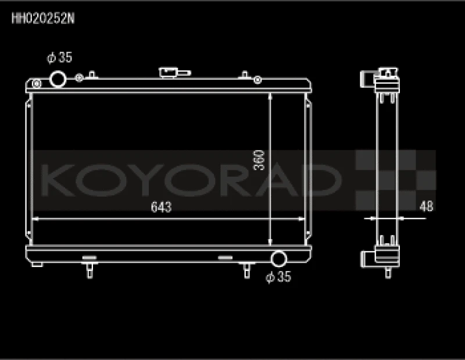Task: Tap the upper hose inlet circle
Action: point(59,78)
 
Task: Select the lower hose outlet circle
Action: point(280,259)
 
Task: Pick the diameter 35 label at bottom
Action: point(278,278)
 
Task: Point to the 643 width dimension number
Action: point(161,208)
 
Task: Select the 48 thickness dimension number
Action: point(426,206)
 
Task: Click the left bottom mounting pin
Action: point(90,270)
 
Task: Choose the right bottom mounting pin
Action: point(246,270)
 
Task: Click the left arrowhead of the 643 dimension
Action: point(34,219)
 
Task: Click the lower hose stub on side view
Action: point(367,258)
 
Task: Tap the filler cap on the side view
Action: point(387,73)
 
